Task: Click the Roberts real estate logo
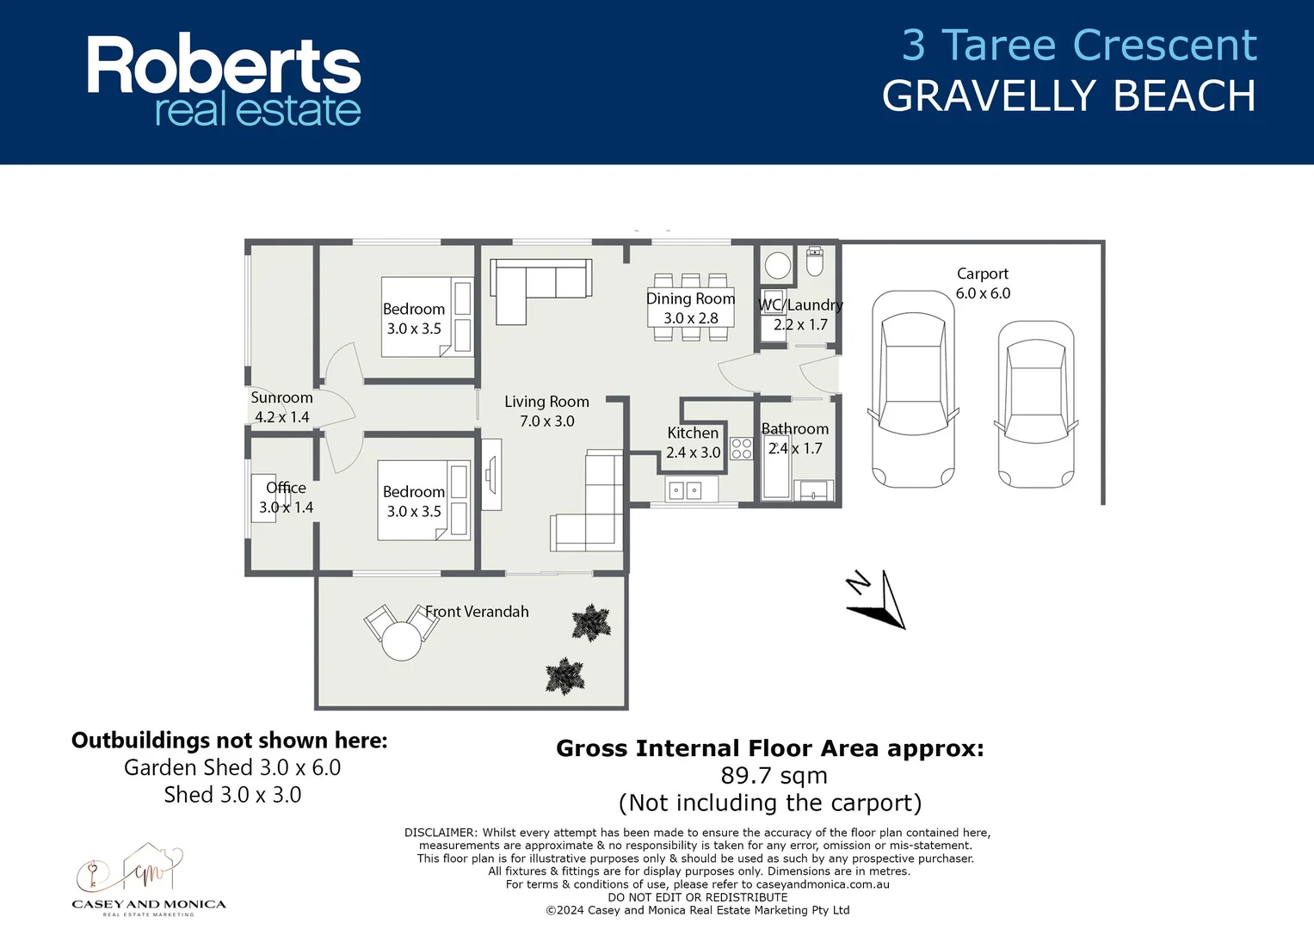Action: pyautogui.click(x=224, y=81)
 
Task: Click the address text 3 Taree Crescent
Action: pyautogui.click(x=1078, y=46)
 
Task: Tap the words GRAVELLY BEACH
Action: pyautogui.click(x=1069, y=95)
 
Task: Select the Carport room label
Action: pyautogui.click(x=982, y=274)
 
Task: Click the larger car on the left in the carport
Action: pyautogui.click(x=912, y=389)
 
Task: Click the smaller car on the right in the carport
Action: pyautogui.click(x=1036, y=404)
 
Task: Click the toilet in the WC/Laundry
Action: pyautogui.click(x=814, y=261)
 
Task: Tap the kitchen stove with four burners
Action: pyautogui.click(x=741, y=448)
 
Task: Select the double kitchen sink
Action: pyautogui.click(x=685, y=490)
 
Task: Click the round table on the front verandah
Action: pyautogui.click(x=401, y=640)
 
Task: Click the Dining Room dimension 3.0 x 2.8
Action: pyautogui.click(x=690, y=318)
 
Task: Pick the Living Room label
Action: pyautogui.click(x=546, y=402)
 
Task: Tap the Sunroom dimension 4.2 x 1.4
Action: pyautogui.click(x=281, y=417)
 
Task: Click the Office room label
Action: pyautogui.click(x=286, y=488)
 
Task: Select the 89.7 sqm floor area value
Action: pyautogui.click(x=774, y=775)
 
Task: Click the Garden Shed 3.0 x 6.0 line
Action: pyautogui.click(x=232, y=767)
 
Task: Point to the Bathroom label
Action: pyautogui.click(x=794, y=428)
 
